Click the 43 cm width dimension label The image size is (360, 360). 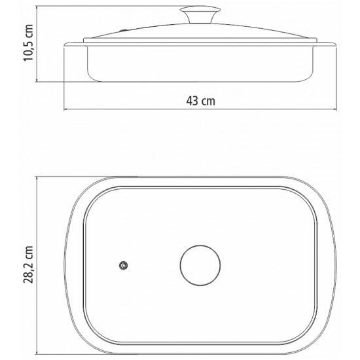click(201, 101)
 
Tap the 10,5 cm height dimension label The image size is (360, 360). click(29, 43)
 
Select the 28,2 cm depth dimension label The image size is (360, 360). click(29, 264)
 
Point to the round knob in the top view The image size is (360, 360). click(200, 265)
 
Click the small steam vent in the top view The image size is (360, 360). click(123, 266)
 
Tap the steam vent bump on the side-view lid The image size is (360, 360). click(123, 30)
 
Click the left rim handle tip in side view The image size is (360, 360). click(65, 45)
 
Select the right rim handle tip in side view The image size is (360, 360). click(335, 45)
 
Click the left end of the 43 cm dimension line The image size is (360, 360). click(64, 109)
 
